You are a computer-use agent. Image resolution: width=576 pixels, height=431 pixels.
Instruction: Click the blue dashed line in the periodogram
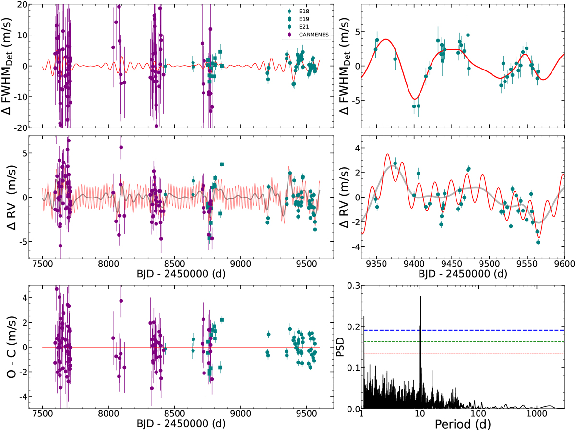click(480, 330)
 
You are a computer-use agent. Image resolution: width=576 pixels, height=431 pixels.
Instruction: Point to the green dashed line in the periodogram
click(480, 342)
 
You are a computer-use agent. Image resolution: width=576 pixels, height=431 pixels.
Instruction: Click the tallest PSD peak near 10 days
click(421, 298)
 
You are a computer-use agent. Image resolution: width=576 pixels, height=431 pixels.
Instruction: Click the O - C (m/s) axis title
click(11, 347)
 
